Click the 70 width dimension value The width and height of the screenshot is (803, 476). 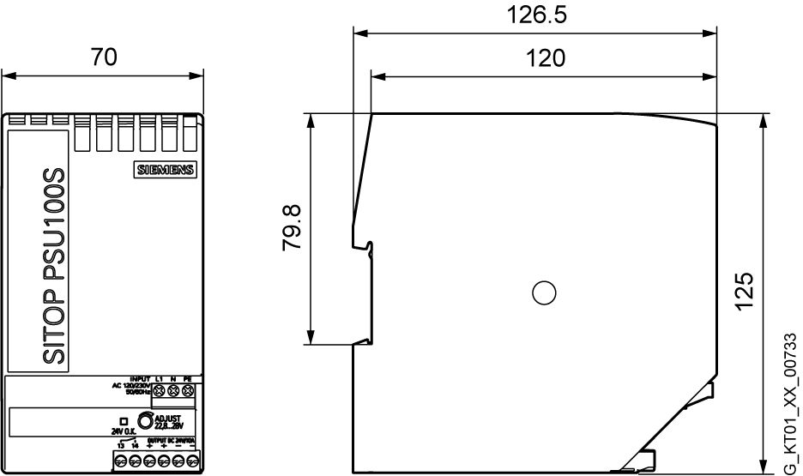[x=104, y=57]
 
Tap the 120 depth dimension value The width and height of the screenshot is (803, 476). [x=545, y=58]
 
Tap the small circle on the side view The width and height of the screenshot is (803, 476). [x=542, y=293]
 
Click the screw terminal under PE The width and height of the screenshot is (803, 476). [x=188, y=391]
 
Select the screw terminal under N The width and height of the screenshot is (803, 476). [x=173, y=391]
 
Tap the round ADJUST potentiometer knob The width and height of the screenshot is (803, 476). [x=148, y=420]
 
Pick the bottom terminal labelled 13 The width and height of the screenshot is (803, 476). [x=121, y=461]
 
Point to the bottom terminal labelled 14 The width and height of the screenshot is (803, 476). [x=136, y=461]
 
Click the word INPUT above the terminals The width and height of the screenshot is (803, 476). [x=140, y=378]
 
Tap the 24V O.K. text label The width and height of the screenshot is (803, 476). [x=124, y=431]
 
